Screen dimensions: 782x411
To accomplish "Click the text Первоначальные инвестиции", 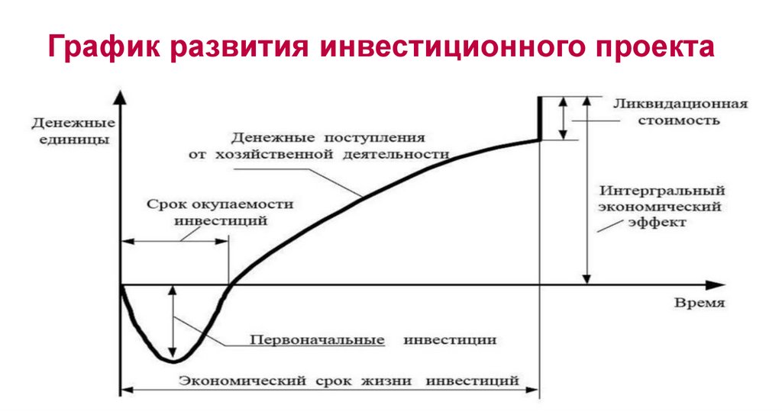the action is [374, 339].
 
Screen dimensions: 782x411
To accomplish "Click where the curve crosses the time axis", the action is [230, 285].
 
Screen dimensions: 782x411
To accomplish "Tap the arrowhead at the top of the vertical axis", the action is [121, 96].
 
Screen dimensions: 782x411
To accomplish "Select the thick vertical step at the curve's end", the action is [540, 118].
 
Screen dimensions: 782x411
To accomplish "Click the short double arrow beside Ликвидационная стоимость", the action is [564, 118].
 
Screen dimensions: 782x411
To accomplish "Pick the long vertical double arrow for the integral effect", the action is [586, 191].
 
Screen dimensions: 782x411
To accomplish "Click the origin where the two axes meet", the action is [121, 285].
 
